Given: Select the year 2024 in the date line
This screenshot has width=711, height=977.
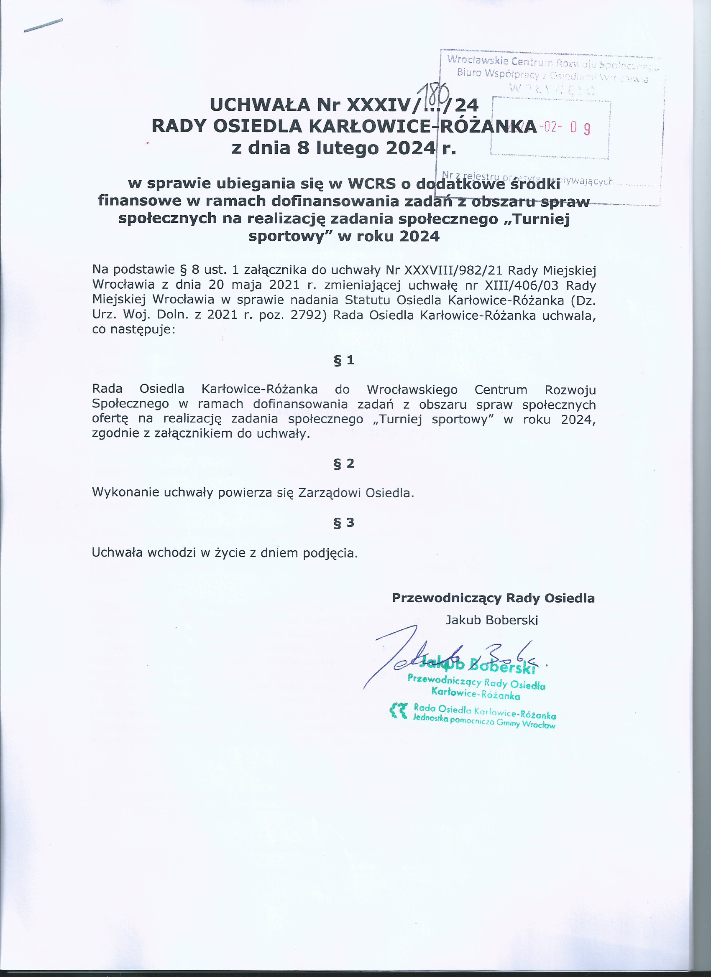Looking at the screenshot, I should pos(410,148).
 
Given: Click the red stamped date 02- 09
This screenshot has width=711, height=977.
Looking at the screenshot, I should pos(567,127).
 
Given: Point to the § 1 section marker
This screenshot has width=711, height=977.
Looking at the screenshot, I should pos(344,360).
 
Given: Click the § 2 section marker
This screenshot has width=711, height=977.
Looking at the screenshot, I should pos(344,463).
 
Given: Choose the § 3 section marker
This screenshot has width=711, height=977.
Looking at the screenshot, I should pos(344,522).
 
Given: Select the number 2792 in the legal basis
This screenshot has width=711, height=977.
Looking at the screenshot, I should pos(306,315).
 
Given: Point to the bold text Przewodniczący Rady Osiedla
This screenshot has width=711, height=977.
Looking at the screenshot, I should pos(493,598).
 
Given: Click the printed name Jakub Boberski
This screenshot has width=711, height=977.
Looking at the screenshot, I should pos(491,620).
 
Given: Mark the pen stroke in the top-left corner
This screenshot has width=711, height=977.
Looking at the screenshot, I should pos(43,25).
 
